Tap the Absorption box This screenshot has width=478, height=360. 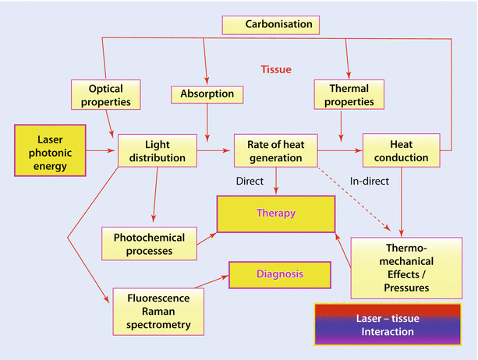tap(207, 95)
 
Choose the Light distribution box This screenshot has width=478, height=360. tap(157, 150)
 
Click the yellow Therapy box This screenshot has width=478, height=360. tap(276, 213)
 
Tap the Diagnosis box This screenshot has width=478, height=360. tap(276, 275)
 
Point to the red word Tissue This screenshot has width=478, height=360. tap(276, 69)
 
